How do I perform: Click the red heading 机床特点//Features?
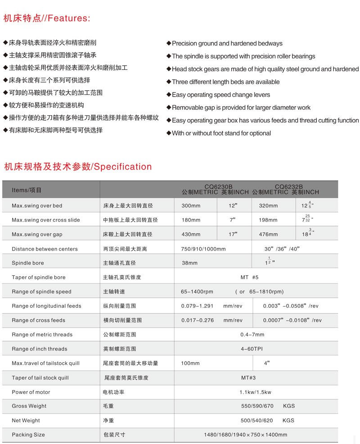click(47, 18)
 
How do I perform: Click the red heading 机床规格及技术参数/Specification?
click(78, 167)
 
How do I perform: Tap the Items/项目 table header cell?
click(27, 190)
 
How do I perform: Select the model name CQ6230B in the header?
click(218, 186)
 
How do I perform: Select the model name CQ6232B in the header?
click(288, 186)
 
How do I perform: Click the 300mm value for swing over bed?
click(191, 206)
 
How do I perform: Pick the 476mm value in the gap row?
click(269, 234)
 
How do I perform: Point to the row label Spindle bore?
click(28, 263)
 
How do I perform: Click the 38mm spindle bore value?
click(189, 263)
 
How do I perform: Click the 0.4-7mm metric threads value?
click(252, 335)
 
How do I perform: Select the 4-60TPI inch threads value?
click(253, 349)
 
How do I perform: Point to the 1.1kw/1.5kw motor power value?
click(255, 392)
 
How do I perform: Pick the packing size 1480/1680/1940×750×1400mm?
click(245, 435)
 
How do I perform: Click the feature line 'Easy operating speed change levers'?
click(221, 95)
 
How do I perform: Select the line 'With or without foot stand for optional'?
click(221, 134)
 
